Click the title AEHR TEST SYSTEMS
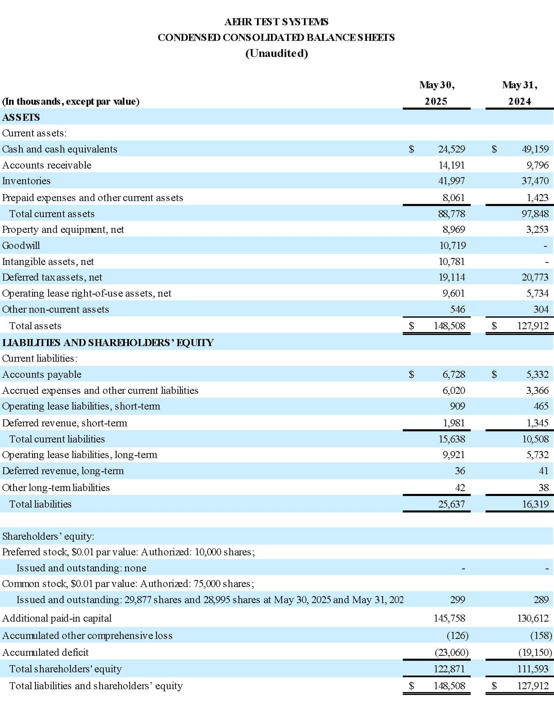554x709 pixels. pos(276,22)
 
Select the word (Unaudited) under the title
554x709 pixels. pos(276,54)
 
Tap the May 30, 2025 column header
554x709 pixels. pos(437,93)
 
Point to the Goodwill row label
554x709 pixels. pos(21,246)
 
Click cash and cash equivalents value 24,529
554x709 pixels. pos(451,149)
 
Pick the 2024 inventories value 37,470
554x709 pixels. pos(535,181)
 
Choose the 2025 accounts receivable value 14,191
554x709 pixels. pos(451,165)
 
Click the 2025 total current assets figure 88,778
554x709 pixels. pos(451,214)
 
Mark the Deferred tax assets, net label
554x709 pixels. pos(52,277)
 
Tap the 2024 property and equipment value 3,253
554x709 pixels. pos(537,229)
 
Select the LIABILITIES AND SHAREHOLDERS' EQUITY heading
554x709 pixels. pos(108,343)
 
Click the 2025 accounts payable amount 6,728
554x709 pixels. pos(453,374)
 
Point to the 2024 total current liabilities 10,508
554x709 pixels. pos(535,439)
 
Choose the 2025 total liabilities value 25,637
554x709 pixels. pos(451,504)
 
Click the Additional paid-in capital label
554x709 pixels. pos(57,618)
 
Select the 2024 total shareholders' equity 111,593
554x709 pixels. pos(533,669)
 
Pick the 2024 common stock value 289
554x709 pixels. pos(541,600)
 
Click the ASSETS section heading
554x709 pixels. pos(21,117)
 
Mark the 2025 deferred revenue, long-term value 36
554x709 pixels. pos(460,471)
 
